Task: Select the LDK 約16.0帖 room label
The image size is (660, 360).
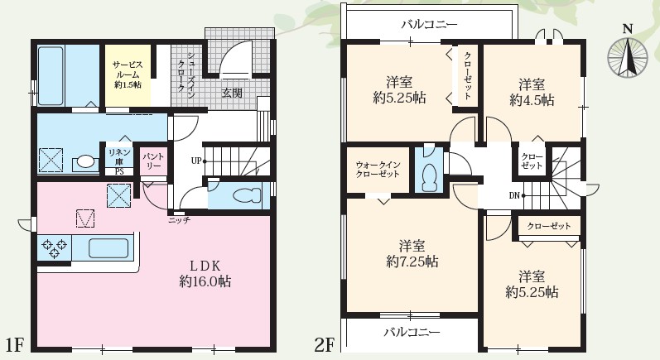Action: pyautogui.click(x=203, y=274)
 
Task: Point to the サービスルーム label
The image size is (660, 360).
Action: pyautogui.click(x=127, y=67)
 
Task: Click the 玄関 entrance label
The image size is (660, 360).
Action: pyautogui.click(x=232, y=94)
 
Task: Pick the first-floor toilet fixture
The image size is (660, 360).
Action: pyautogui.click(x=244, y=196)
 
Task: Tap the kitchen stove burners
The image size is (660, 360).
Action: pyautogui.click(x=54, y=247)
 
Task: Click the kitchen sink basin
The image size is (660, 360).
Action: pyautogui.click(x=106, y=247)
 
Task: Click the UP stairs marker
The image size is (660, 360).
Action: pyautogui.click(x=196, y=161)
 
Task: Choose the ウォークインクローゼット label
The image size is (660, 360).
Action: pyautogui.click(x=378, y=170)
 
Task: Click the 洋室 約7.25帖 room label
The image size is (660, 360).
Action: pyautogui.click(x=412, y=254)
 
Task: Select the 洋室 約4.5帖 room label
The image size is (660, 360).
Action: pyautogui.click(x=532, y=92)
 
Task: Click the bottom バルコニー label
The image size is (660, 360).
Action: pyautogui.click(x=411, y=332)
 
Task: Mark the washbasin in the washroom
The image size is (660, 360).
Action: pyautogui.click(x=86, y=161)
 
